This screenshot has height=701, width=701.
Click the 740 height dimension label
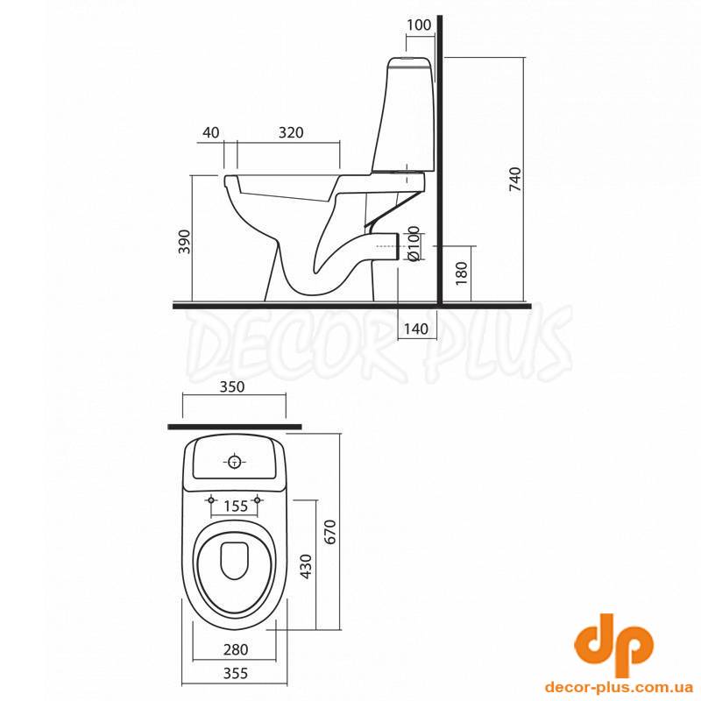coord(515,180)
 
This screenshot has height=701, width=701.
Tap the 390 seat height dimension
coord(184,242)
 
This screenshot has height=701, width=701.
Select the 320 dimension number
coord(291,132)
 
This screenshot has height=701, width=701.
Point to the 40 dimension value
coord(211,132)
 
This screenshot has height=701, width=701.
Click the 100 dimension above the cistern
coord(419,25)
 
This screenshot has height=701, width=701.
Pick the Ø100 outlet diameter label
coord(414,244)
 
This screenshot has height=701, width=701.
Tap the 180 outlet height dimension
coord(462,273)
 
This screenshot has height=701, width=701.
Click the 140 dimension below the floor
coord(415,329)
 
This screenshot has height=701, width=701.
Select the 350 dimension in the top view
coord(232,386)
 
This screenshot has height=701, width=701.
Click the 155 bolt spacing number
coord(236,506)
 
